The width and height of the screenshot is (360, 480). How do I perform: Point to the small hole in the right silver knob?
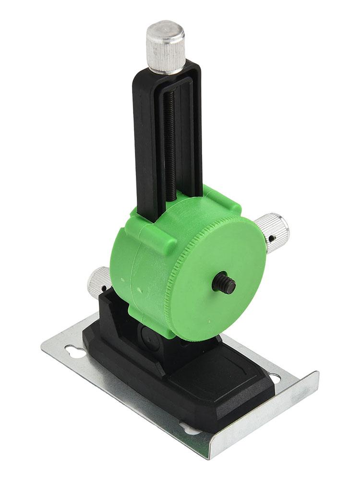pyautogui.click(x=272, y=239)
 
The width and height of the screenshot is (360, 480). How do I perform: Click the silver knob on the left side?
pyautogui.click(x=98, y=281)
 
